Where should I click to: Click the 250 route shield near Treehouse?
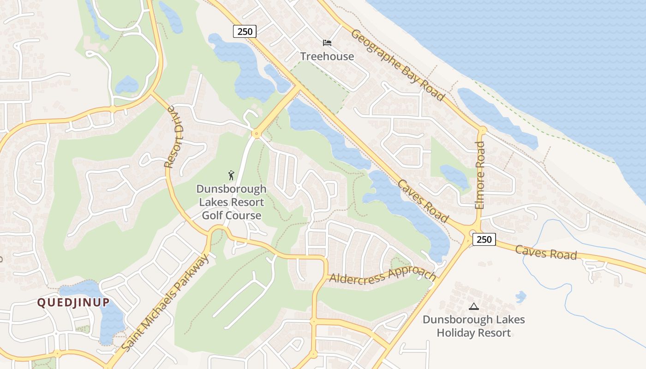(x=245, y=31)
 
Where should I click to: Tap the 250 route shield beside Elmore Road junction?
(x=484, y=239)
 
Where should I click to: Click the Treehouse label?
(x=327, y=56)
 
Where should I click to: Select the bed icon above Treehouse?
(x=327, y=43)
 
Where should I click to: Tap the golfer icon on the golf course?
(x=231, y=175)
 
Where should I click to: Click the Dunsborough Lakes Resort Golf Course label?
(x=231, y=202)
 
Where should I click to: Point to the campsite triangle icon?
(x=474, y=306)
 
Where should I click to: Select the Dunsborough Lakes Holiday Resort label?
(x=474, y=326)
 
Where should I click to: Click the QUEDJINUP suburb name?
(x=73, y=303)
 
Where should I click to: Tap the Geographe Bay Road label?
(x=398, y=65)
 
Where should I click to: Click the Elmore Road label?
(x=480, y=175)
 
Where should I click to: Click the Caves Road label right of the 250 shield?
(x=546, y=252)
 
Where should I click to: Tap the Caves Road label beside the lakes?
(x=423, y=201)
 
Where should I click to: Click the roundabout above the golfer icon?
(x=256, y=134)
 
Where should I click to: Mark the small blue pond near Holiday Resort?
(x=520, y=297)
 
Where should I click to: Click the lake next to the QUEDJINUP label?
(x=108, y=318)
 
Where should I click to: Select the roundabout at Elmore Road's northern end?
(x=482, y=131)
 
